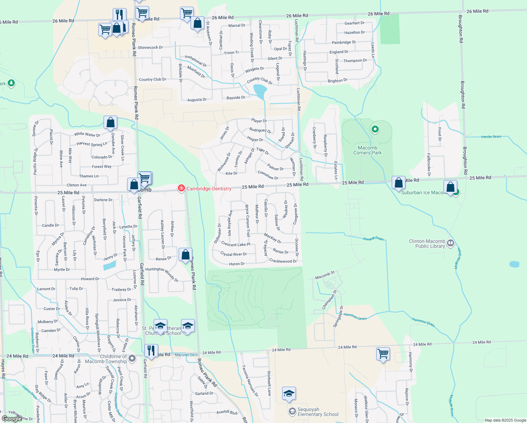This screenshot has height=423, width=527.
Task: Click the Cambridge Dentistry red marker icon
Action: (x=181, y=188)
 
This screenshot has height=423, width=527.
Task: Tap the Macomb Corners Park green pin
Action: (x=375, y=129)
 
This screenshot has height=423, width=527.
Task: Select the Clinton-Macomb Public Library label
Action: (x=427, y=244)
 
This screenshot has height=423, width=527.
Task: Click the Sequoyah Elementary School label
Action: (x=318, y=412)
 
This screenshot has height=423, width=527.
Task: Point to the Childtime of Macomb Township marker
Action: (x=132, y=358)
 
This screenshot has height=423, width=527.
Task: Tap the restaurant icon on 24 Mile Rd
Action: (x=151, y=351)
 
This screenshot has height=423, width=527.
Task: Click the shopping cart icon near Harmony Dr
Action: (x=383, y=353)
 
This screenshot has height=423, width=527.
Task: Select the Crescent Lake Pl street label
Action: (x=236, y=244)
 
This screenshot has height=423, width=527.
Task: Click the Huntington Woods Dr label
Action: (x=162, y=274)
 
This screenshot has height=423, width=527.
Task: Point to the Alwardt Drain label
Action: (x=373, y=239)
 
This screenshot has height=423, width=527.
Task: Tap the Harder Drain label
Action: (x=491, y=136)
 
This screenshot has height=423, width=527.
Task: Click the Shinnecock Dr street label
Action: (x=150, y=48)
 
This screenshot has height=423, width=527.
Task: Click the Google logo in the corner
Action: (x=12, y=419)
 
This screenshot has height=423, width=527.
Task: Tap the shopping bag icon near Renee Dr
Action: (x=186, y=255)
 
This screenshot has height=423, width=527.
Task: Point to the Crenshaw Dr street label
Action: (x=268, y=175)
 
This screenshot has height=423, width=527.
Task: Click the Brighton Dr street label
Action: (x=337, y=81)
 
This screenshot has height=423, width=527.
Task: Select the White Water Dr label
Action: (x=87, y=134)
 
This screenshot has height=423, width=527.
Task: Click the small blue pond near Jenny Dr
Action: (x=110, y=265)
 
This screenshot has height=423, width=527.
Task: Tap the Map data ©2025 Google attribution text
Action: (x=505, y=420)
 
